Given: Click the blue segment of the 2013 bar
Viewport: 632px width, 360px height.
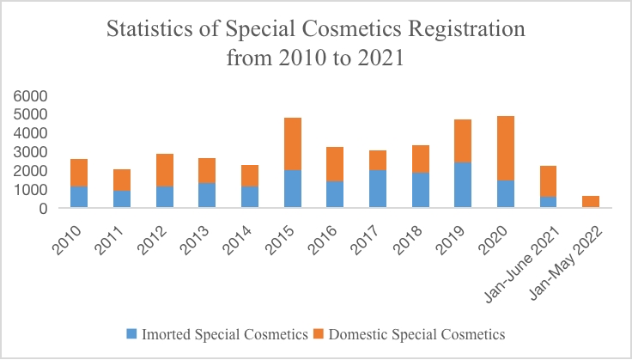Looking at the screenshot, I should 207,195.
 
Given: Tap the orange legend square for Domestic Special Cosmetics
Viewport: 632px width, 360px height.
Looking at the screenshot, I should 318,333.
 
